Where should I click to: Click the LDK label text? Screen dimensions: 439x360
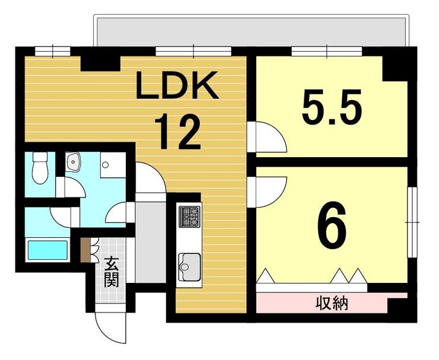(177, 85)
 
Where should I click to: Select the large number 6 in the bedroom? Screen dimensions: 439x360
(332, 225)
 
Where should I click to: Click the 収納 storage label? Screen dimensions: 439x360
(332, 303)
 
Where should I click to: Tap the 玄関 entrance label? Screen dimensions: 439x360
(112, 272)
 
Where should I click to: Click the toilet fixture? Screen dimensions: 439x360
(40, 167)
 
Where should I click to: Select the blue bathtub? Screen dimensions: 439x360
(47, 250)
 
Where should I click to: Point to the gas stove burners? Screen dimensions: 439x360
(190, 216)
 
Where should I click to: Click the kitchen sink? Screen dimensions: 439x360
(190, 266)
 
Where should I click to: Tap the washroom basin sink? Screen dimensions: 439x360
(73, 161)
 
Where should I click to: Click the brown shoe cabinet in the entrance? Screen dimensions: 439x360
(85, 250)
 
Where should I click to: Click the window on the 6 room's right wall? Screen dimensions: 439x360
(412, 222)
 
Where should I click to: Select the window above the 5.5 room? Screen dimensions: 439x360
(327, 52)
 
